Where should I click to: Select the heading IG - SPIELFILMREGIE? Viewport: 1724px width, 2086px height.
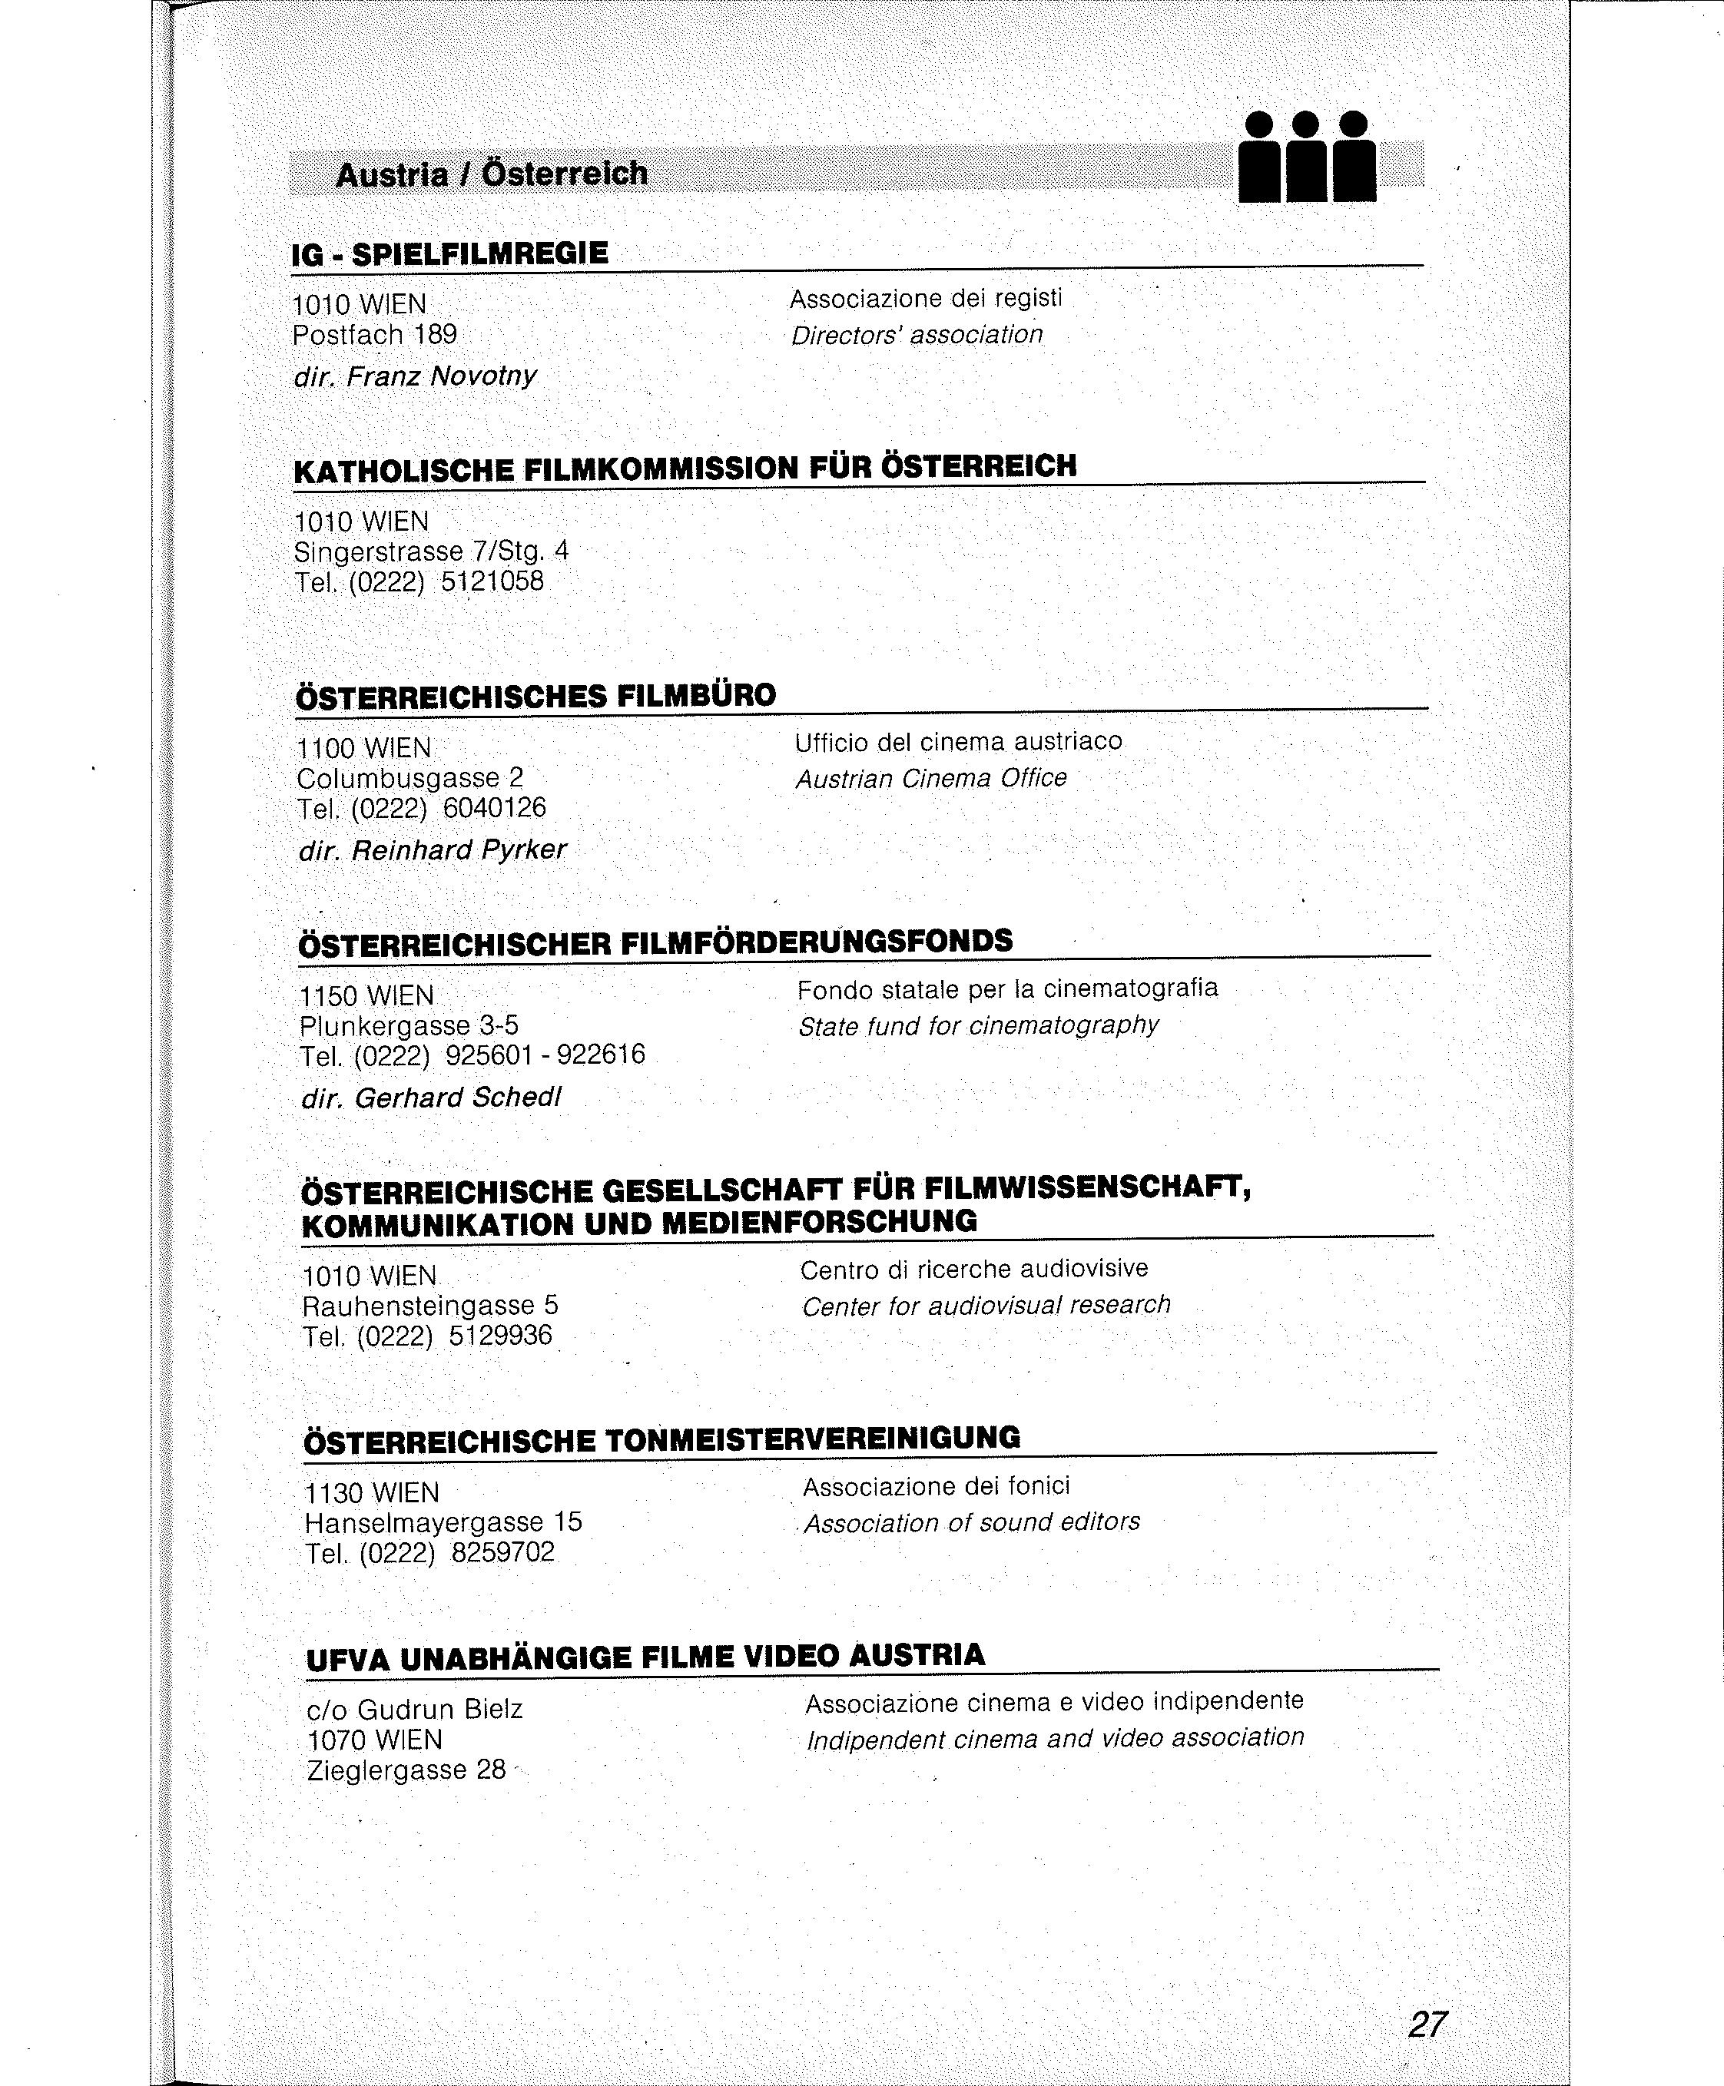click(450, 254)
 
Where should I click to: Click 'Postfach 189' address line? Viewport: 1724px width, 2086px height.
click(374, 335)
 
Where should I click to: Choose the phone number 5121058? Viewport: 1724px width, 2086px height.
click(492, 581)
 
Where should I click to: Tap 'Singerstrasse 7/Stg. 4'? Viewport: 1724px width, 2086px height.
click(431, 551)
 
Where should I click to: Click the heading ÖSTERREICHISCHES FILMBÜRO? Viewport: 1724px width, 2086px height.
click(536, 695)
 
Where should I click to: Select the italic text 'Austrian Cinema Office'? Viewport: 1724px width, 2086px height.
click(930, 778)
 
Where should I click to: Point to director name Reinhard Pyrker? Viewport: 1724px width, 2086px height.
click(459, 851)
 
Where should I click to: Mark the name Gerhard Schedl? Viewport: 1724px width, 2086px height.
click(458, 1098)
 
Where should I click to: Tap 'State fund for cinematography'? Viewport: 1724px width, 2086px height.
click(978, 1025)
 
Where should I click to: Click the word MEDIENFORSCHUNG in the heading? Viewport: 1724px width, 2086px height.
click(819, 1221)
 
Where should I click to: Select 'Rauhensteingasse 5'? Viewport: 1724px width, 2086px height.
click(430, 1306)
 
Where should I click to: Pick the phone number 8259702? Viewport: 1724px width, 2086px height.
click(502, 1553)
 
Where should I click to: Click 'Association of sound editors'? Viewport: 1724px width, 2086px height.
click(971, 1523)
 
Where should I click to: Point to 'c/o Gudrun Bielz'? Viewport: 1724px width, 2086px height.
click(414, 1710)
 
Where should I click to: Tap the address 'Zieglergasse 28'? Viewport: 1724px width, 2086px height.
click(406, 1770)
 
